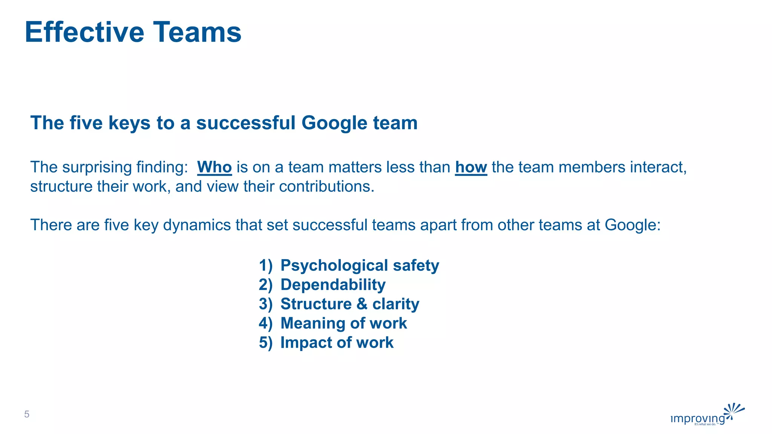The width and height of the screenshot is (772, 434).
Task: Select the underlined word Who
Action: click(x=214, y=167)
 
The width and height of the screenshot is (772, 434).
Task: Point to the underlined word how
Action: click(x=471, y=167)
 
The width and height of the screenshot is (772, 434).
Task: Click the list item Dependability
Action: click(x=333, y=285)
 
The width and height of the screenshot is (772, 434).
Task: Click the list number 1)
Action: click(x=265, y=266)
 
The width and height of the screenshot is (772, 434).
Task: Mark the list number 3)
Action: click(x=265, y=304)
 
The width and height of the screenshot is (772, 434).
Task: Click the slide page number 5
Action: click(x=27, y=414)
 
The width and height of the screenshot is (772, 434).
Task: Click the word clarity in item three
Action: click(x=396, y=304)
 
